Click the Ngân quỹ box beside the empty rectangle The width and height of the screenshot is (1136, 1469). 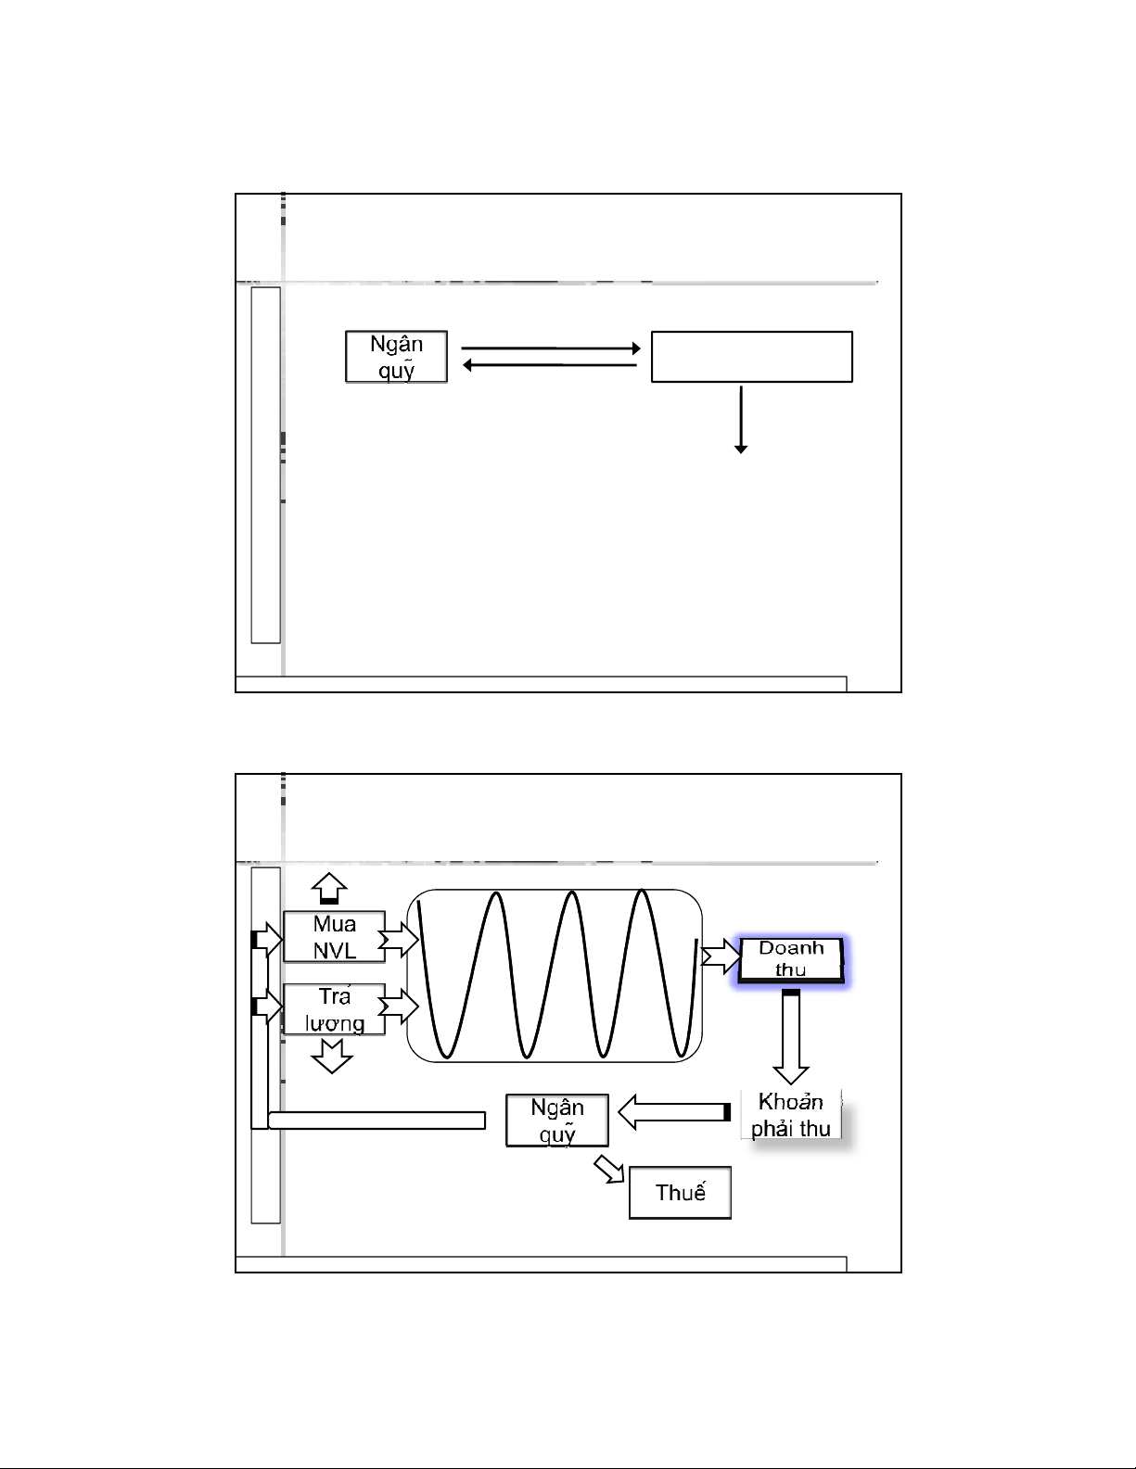[396, 357]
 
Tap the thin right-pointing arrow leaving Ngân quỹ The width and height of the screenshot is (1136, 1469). [551, 348]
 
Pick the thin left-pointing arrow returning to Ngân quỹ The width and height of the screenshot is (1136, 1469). [550, 365]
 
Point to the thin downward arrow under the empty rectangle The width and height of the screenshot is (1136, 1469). [741, 419]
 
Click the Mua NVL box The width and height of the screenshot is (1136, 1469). [334, 937]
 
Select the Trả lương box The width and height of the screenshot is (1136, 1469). [334, 1009]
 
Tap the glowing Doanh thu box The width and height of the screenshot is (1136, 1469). [790, 959]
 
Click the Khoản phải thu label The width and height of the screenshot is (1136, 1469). [790, 1115]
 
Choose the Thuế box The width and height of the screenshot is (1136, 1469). [681, 1193]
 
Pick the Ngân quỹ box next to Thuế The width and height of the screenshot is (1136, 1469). [557, 1121]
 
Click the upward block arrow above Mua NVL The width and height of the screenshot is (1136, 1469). [329, 888]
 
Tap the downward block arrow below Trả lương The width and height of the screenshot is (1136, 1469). [331, 1057]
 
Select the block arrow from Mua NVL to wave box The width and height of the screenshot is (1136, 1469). [398, 940]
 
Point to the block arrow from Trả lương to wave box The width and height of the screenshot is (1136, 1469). [398, 1007]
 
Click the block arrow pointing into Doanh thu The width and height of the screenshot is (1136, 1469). [721, 956]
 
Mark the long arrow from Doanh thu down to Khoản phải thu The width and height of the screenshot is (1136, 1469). [790, 1038]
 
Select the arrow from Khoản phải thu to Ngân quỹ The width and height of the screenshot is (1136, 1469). [674, 1112]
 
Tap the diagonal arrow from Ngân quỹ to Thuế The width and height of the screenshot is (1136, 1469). [609, 1170]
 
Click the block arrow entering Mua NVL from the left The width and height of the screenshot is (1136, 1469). [267, 940]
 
